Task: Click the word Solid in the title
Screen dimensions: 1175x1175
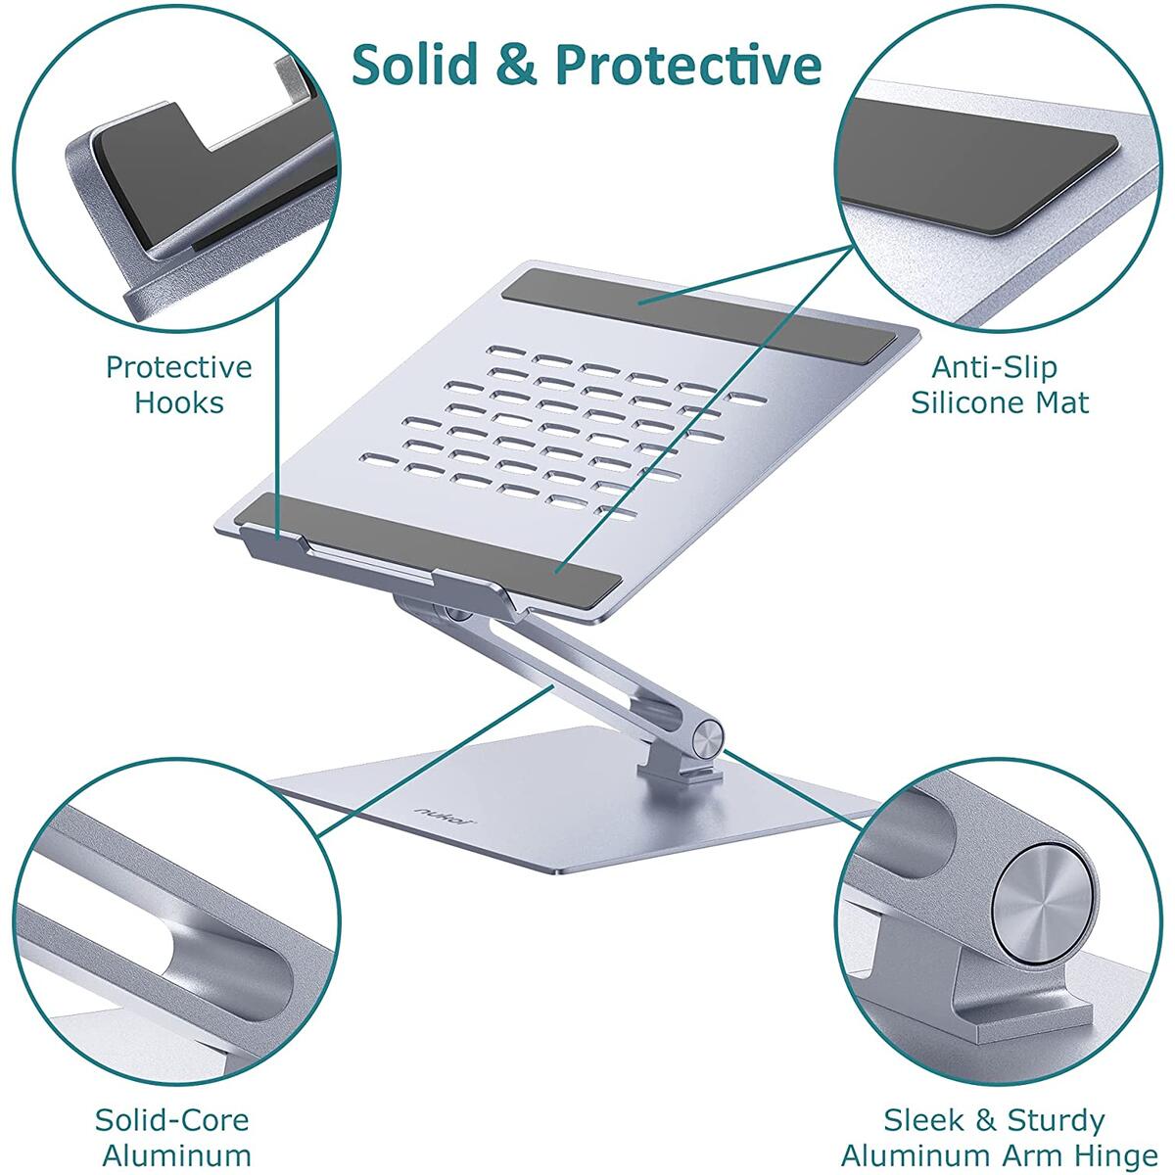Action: [415, 65]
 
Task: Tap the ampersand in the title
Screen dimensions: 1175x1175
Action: [516, 65]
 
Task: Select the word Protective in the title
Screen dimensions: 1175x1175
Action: [688, 65]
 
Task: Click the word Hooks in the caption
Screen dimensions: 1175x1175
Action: [179, 403]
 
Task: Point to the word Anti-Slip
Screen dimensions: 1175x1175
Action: [995, 367]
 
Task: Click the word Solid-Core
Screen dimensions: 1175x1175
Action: [172, 1121]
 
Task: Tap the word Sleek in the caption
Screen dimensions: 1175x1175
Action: [923, 1121]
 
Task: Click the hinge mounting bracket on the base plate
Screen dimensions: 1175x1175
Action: [680, 770]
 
